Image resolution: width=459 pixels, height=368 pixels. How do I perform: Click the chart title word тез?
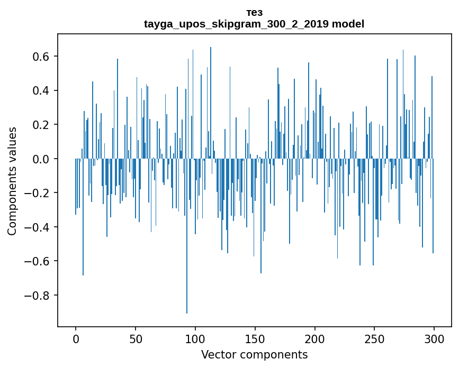[254, 13]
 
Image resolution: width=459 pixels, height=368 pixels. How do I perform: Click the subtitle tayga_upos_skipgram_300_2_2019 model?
[254, 24]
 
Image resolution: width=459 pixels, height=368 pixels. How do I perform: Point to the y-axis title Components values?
[12, 181]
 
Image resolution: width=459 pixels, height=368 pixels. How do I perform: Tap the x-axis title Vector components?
[254, 354]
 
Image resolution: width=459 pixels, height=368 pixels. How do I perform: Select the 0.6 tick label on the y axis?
[41, 57]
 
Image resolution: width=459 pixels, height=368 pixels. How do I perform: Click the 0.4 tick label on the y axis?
[41, 91]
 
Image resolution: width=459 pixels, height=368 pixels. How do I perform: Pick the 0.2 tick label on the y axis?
[41, 125]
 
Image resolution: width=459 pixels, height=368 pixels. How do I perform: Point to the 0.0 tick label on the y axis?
[41, 159]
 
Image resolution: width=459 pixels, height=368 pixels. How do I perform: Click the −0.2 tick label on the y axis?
[37, 193]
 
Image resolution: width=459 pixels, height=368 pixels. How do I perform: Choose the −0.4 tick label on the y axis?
[37, 227]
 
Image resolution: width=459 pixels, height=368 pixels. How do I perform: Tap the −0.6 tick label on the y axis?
[37, 261]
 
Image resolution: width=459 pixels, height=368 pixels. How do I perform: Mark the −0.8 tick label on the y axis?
[37, 295]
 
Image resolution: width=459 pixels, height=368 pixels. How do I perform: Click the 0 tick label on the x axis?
[76, 338]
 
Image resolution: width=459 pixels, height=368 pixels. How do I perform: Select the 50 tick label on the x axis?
[136, 338]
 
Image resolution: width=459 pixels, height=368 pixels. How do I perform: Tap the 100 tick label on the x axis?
[195, 338]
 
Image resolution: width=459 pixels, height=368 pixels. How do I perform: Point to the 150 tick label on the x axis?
[255, 338]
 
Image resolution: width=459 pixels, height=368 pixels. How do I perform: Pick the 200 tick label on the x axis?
[314, 338]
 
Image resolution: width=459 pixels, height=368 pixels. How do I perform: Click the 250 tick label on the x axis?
[374, 338]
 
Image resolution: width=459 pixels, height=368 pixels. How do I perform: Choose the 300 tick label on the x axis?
[434, 338]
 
